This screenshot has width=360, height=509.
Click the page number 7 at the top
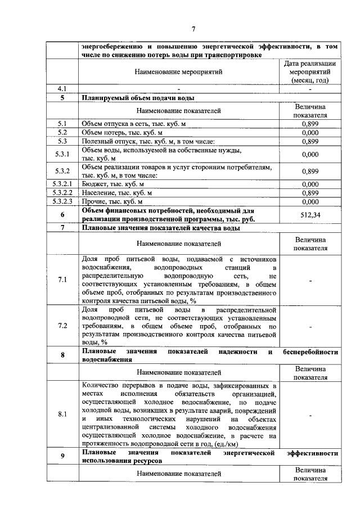pos(193,29)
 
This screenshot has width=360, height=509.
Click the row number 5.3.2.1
pos(62,183)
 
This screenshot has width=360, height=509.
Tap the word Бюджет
pos(93,183)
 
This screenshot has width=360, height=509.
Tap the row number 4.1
pos(62,88)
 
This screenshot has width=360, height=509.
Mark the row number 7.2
pos(62,326)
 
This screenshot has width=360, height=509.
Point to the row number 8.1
pos(62,415)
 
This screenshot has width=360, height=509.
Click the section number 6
pos(62,214)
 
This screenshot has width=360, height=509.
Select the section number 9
pos(62,456)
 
